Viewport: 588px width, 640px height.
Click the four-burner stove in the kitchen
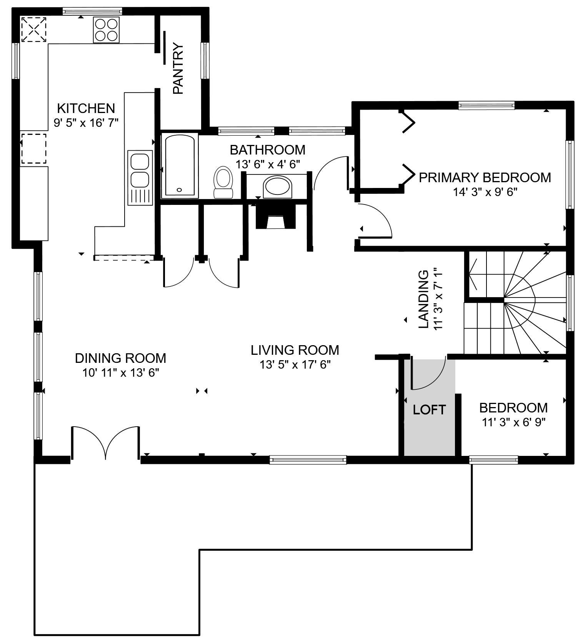[106, 30]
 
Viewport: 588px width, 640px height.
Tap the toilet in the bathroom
[223, 182]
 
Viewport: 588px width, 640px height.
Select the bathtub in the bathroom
[180, 165]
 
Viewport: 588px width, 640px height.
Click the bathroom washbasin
[277, 186]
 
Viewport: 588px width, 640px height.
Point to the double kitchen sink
[140, 178]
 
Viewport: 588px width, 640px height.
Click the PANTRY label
[178, 69]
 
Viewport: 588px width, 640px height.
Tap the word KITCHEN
[86, 108]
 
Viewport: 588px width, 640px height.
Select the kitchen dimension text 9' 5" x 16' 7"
[86, 123]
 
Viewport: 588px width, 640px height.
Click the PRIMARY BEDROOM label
[485, 177]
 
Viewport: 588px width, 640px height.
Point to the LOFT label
[429, 410]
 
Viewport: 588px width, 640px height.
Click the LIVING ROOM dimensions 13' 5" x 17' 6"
[295, 364]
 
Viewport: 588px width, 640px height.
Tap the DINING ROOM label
[120, 358]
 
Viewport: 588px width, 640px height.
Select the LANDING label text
[423, 299]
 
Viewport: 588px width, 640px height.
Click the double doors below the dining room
[105, 442]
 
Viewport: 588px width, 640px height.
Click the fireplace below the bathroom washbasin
[276, 216]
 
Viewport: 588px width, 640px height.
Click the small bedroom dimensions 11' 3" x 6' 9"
[514, 422]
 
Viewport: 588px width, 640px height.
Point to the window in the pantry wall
[205, 60]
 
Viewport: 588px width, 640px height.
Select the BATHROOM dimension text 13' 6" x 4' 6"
[268, 164]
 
